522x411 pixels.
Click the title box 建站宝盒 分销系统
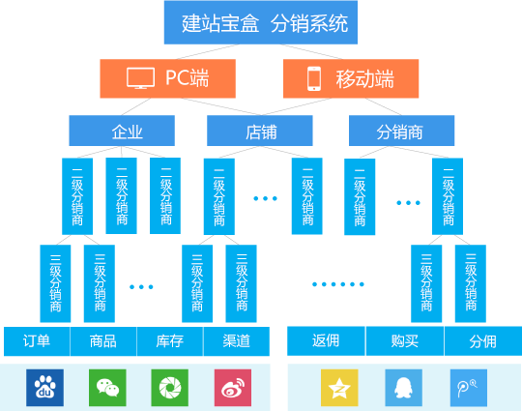point(261,22)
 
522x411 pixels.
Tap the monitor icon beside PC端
point(140,78)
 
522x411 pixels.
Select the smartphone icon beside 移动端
point(314,78)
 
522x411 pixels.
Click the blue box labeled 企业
point(122,131)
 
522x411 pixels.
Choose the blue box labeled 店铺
point(260,131)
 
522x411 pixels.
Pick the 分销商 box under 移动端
point(401,131)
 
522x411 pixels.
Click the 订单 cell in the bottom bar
point(37,341)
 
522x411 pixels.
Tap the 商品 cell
point(103,341)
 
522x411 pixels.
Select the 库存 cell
point(170,341)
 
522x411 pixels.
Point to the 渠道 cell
point(237,341)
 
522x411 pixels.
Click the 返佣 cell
point(326,341)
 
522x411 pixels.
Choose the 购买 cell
point(405,341)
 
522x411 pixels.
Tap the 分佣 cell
point(483,341)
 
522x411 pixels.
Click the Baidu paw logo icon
point(44,388)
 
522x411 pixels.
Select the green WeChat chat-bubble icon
point(107,388)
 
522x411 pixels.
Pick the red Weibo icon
point(233,388)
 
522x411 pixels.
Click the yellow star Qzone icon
point(339,388)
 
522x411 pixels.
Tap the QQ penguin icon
point(403,388)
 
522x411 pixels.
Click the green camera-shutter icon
point(170,388)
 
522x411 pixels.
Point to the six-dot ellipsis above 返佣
point(338,284)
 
